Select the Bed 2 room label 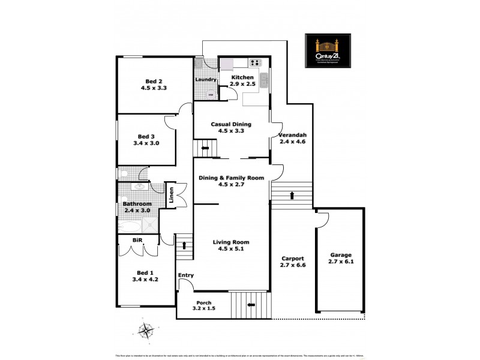pyautogui.click(x=154, y=82)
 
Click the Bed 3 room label pyautogui.click(x=146, y=136)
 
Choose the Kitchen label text pyautogui.click(x=243, y=78)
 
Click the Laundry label pyautogui.click(x=205, y=80)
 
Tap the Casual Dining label pyautogui.click(x=231, y=124)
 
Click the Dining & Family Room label pyautogui.click(x=231, y=178)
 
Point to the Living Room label pyautogui.click(x=231, y=242)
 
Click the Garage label pyautogui.click(x=340, y=254)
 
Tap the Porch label pyautogui.click(x=203, y=302)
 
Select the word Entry pyautogui.click(x=186, y=275)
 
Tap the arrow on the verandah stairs pyautogui.click(x=292, y=195)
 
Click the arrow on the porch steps pyautogui.click(x=251, y=304)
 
